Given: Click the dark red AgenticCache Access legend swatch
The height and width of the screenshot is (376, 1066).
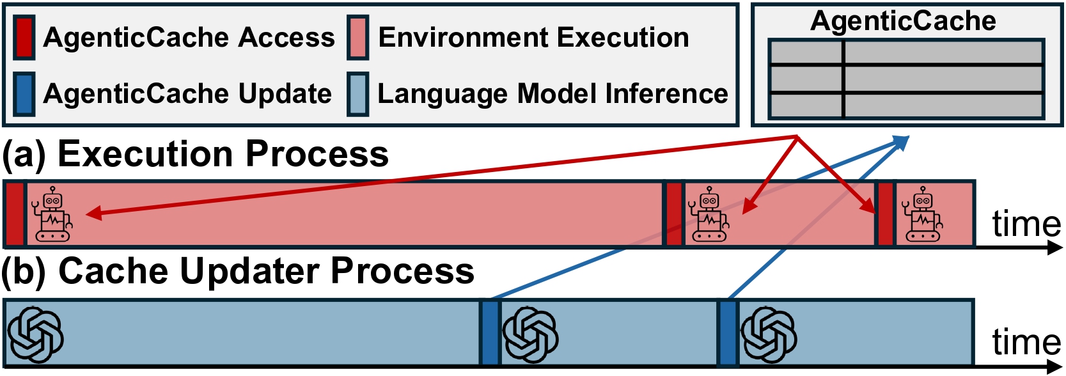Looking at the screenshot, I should [x=24, y=38].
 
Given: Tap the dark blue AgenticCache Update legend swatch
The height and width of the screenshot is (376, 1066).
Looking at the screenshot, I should [x=24, y=93].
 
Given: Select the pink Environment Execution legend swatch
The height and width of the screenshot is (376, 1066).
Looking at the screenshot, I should [x=357, y=38].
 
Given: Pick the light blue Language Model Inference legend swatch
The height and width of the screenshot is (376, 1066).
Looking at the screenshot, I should [x=357, y=93].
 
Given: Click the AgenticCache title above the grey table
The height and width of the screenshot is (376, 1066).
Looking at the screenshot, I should [x=902, y=21].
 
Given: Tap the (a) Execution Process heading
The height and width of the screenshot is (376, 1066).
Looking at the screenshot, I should [x=195, y=154].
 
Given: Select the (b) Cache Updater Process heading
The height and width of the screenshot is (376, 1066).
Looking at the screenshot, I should [x=237, y=271].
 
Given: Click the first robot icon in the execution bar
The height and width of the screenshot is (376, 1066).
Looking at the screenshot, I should [x=52, y=214].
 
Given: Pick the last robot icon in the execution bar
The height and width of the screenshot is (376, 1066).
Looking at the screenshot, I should [x=922, y=214].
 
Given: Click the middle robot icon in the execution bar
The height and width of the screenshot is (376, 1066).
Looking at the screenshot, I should [x=709, y=214].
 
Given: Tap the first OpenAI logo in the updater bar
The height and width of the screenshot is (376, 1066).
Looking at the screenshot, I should [x=35, y=334].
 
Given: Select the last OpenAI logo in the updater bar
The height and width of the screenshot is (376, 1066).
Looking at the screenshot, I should [x=769, y=334].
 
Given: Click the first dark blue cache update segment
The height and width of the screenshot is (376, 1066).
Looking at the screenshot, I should [x=490, y=333].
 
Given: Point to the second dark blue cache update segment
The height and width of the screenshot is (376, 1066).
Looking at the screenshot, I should [x=728, y=333].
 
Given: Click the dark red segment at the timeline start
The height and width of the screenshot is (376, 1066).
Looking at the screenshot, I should [x=14, y=214].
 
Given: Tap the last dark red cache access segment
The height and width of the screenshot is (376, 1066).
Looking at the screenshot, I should [x=885, y=214].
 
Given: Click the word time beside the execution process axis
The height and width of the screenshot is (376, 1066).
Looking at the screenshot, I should [x=1026, y=224].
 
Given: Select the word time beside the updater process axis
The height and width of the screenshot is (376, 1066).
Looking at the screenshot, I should [x=1026, y=341].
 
